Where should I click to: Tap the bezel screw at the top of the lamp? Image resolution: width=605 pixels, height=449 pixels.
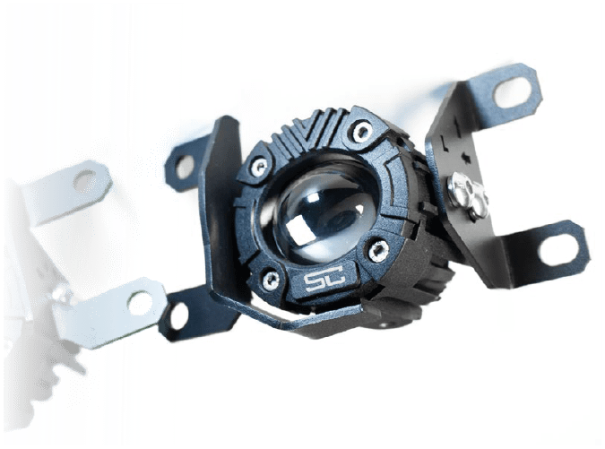click(x=361, y=131)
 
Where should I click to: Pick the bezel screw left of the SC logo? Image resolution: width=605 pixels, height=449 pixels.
click(x=272, y=277)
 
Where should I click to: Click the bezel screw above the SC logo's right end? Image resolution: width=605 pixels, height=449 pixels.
click(x=377, y=250)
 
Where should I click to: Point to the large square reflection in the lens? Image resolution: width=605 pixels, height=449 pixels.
click(x=300, y=230)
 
